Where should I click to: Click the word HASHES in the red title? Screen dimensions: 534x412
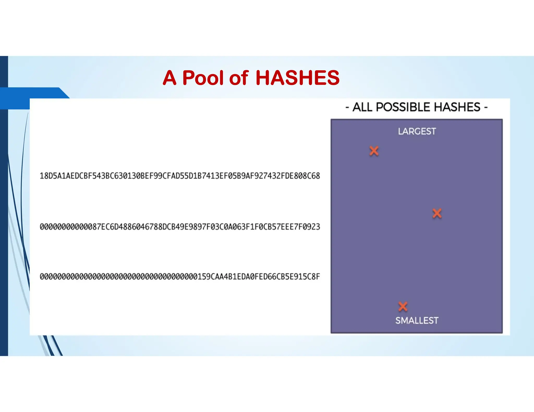(x=298, y=78)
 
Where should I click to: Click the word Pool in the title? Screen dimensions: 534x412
(x=203, y=78)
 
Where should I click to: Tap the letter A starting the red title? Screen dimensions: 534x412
(x=169, y=78)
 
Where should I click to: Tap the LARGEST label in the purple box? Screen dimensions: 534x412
(x=417, y=131)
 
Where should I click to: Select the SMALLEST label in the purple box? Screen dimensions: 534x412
(x=417, y=320)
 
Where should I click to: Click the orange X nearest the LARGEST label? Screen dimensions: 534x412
(x=374, y=151)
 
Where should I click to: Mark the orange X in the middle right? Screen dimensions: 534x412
(x=437, y=213)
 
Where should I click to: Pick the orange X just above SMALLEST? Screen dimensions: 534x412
(x=403, y=307)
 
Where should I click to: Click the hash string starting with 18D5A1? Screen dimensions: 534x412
(x=180, y=176)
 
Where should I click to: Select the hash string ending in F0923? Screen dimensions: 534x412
(x=180, y=227)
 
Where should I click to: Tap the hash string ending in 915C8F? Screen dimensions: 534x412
(x=180, y=276)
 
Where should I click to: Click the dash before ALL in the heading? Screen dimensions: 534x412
(x=347, y=107)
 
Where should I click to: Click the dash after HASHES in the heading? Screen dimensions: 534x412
(x=486, y=107)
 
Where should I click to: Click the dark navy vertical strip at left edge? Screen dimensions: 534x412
(x=4, y=208)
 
